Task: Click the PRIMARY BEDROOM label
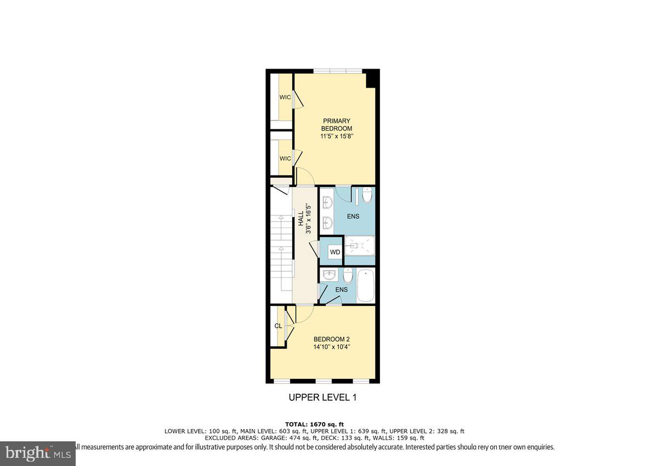336,124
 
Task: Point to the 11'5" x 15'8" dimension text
336,136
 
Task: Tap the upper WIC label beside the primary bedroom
285,97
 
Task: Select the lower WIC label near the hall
285,158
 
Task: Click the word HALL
301,220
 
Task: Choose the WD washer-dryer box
334,252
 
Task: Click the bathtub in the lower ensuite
365,286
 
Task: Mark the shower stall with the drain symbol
359,246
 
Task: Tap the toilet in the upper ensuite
367,195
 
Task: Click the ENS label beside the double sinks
353,217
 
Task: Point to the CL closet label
278,326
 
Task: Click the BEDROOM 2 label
331,339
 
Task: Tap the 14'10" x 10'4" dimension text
331,347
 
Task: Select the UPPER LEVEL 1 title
322,397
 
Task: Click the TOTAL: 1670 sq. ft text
314,424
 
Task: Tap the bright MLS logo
37,453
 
